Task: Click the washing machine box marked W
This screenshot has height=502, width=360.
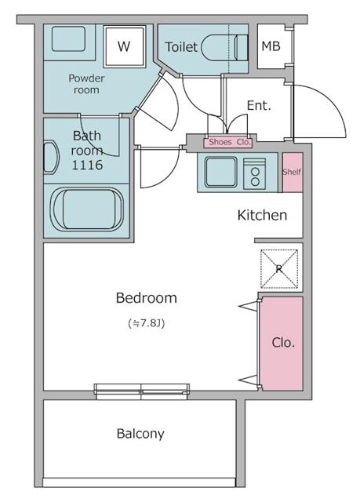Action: tap(124, 46)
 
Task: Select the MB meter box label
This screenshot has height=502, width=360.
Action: tap(271, 46)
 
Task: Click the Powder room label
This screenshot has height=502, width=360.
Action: tap(86, 84)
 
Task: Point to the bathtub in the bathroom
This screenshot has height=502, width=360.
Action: tap(88, 209)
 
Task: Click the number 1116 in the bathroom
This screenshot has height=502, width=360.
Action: tap(87, 165)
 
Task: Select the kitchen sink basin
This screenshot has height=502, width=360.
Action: tap(221, 172)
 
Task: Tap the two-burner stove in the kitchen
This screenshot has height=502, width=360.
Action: tap(255, 173)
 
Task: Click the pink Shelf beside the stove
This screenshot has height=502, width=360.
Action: tap(293, 173)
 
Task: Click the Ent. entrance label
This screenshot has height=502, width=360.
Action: tap(259, 105)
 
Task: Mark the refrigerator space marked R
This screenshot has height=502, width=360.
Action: tap(279, 269)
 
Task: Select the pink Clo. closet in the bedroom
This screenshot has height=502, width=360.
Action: tap(282, 344)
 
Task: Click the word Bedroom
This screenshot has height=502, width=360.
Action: tap(146, 298)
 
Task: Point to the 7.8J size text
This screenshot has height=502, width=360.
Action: tap(146, 323)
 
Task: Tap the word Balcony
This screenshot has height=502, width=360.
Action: tap(140, 434)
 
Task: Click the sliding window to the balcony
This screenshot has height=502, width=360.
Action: tap(141, 391)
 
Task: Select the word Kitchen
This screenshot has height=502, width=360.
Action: tap(262, 215)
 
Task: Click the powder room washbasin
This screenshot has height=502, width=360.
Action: tap(68, 38)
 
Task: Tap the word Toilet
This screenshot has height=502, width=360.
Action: tap(181, 47)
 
